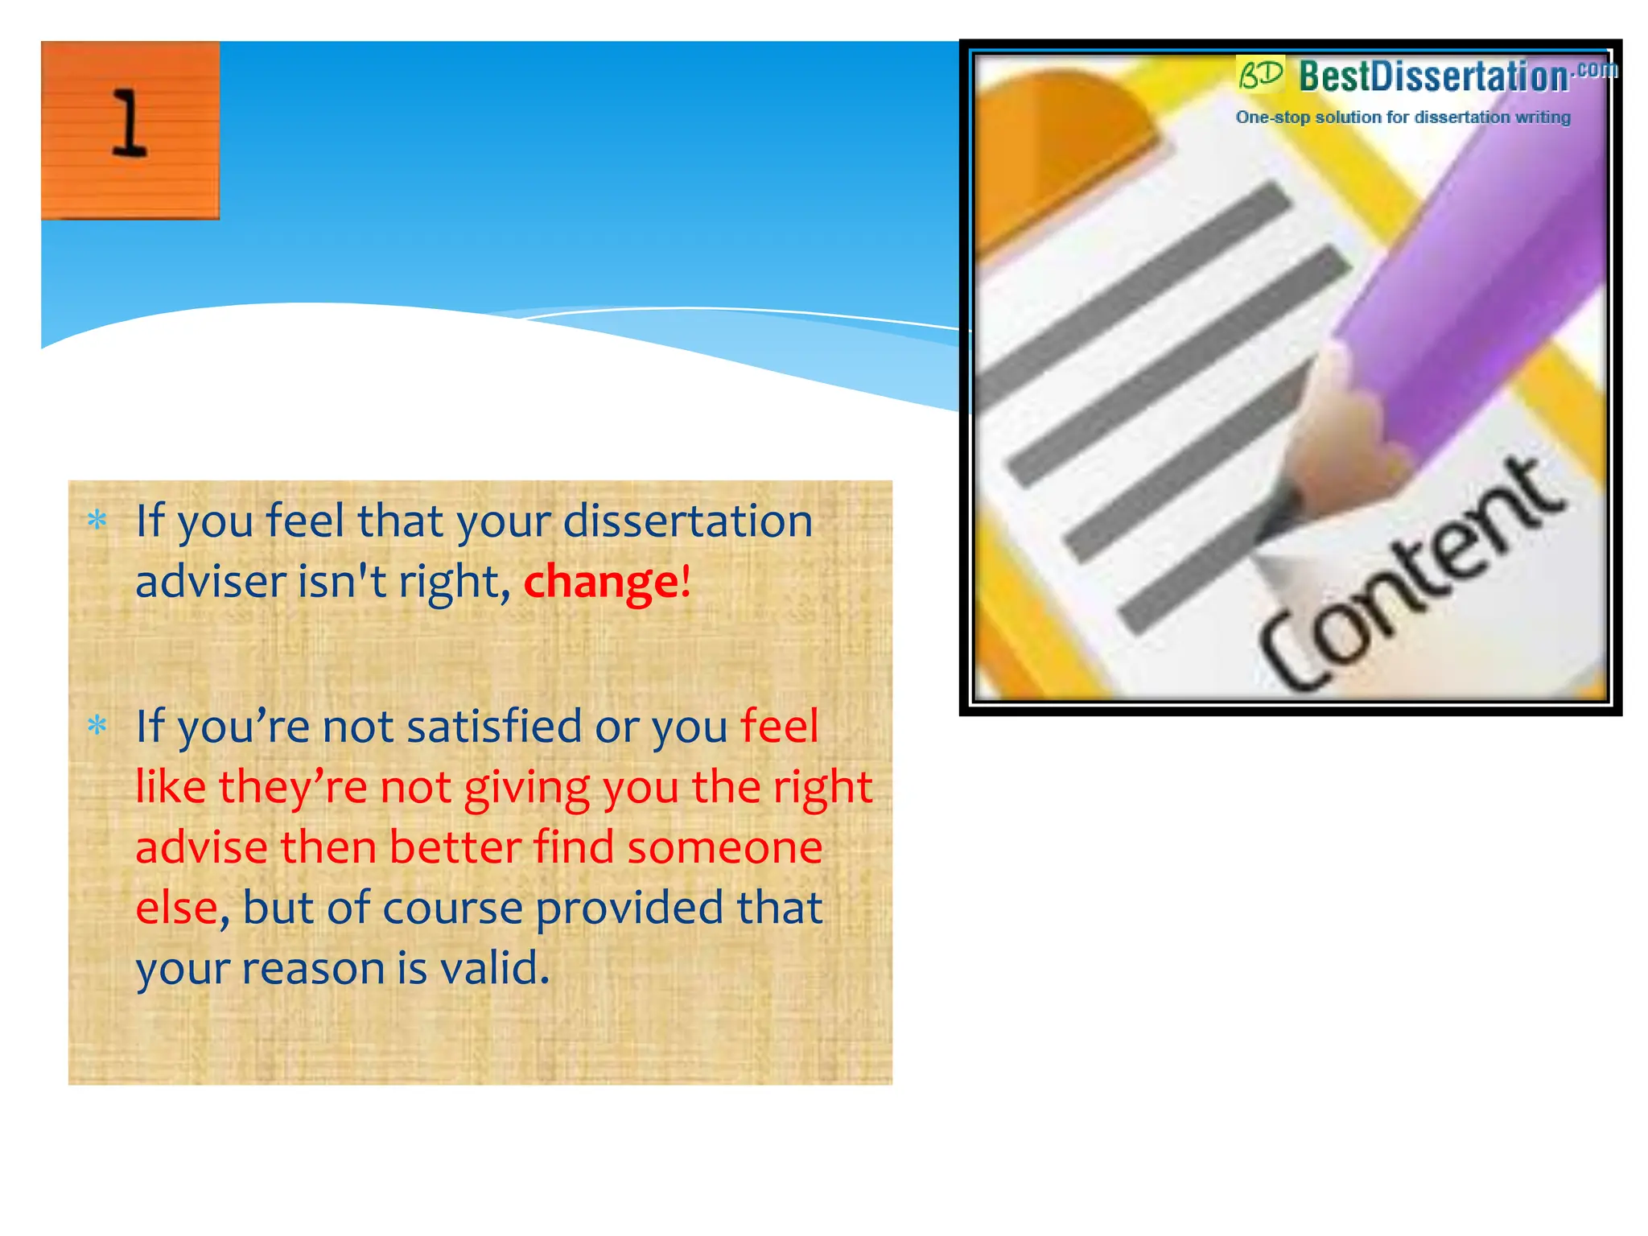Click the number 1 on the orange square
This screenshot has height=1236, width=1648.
tap(130, 124)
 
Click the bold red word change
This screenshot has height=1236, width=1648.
tap(600, 582)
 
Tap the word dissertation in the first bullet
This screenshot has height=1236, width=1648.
tap(688, 521)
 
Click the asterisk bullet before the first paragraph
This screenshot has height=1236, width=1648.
tap(97, 521)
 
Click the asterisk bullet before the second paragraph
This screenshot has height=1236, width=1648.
tap(97, 727)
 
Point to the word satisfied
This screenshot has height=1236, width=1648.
tap(494, 727)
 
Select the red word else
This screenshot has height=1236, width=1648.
tap(176, 908)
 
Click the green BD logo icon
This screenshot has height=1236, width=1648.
tap(1260, 75)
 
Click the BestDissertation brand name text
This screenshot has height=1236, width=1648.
tap(1433, 77)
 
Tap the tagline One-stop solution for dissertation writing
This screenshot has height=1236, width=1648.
tap(1403, 117)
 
